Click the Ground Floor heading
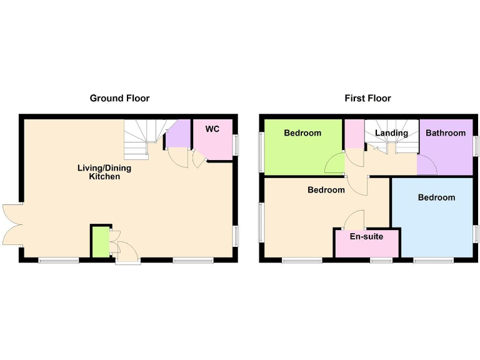119,98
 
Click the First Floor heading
367,98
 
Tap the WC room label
212,129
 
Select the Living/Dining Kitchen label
104,172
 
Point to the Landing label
391,133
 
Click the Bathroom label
446,133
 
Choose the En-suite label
366,237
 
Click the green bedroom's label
302,133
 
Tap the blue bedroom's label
436,197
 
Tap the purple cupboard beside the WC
179,134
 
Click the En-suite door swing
355,220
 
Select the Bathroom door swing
427,166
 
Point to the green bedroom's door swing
334,166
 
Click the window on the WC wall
236,145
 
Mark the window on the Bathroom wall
475,147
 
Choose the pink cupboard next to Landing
354,134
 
